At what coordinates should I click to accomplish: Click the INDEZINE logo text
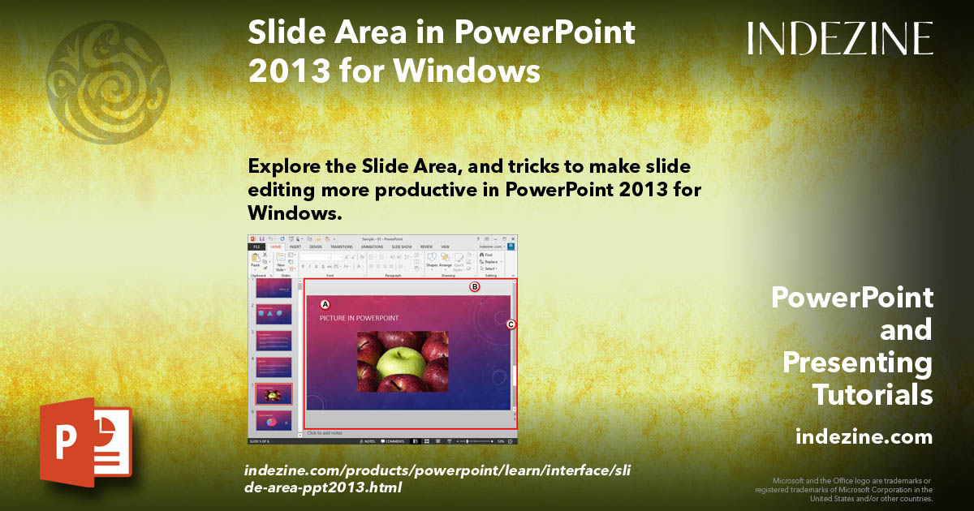840,39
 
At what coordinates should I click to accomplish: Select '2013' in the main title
280,71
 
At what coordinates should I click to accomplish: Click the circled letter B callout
476,286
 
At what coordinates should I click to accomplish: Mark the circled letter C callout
511,324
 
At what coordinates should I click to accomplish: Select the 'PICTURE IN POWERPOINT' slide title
358,317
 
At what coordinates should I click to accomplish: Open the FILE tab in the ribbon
256,247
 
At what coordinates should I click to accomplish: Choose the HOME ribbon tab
276,247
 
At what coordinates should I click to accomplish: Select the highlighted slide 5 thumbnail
274,394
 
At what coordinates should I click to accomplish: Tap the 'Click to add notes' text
325,433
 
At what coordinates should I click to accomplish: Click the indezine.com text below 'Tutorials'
864,437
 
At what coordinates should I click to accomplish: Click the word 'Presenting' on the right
857,363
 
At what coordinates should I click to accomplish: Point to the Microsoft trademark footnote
844,489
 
